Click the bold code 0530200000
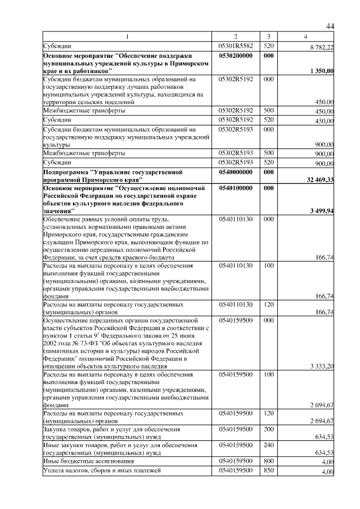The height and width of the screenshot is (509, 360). tap(236, 56)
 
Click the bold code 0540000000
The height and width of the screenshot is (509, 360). tap(236, 172)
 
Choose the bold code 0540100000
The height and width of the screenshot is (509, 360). tap(236, 187)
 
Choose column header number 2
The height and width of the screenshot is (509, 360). tap(236, 37)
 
